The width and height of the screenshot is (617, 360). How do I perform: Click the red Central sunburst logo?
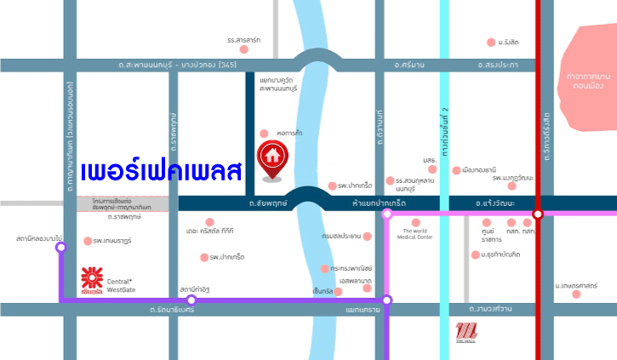pos(91,279)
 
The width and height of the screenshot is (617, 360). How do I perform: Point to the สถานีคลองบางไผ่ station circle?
pos(60,248)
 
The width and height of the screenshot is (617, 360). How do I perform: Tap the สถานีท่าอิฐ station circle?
pos(191,300)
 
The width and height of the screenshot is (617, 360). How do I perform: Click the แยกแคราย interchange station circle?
pos(387,300)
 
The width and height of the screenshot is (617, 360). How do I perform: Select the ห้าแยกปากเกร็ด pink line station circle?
pos(387,214)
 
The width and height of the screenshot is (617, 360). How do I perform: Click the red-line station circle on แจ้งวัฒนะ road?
pos(537,214)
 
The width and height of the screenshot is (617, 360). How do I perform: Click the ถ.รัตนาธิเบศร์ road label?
pos(169,310)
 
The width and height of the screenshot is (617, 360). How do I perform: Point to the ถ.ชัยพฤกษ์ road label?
pos(260,203)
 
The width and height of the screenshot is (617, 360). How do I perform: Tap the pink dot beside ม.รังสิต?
pos(490,42)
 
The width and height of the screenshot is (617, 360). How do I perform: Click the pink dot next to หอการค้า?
pos(265,134)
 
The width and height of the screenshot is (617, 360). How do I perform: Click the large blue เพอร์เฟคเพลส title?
pos(162,169)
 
